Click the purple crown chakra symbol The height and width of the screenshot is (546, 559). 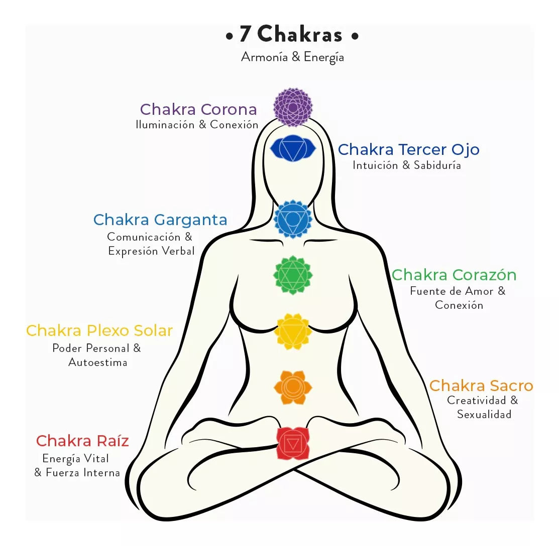tap(293, 107)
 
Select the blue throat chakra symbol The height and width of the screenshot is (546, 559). tap(293, 219)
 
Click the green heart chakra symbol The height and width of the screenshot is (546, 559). tap(293, 274)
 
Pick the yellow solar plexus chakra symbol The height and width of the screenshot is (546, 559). tap(293, 331)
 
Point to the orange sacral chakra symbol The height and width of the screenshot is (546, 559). tap(293, 387)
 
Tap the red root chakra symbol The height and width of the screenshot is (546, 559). tap(293, 443)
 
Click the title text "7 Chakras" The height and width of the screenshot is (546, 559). tap(291, 35)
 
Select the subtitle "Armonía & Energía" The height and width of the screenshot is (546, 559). tap(292, 57)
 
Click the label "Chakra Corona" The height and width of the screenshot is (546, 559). tap(198, 109)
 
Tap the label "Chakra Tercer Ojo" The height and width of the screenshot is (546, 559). tap(408, 149)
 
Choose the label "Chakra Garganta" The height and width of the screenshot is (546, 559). tap(160, 220)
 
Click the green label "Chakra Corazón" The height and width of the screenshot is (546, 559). tap(454, 275)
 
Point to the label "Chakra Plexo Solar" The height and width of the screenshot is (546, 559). tap(99, 331)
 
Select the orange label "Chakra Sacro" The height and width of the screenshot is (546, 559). tap(481, 386)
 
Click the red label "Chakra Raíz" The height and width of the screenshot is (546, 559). tap(82, 441)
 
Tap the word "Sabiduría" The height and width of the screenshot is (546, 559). tap(437, 165)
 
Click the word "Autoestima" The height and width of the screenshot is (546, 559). tap(97, 362)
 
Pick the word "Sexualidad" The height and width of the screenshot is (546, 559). tap(484, 414)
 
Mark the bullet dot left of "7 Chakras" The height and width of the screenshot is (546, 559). tap(230, 36)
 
